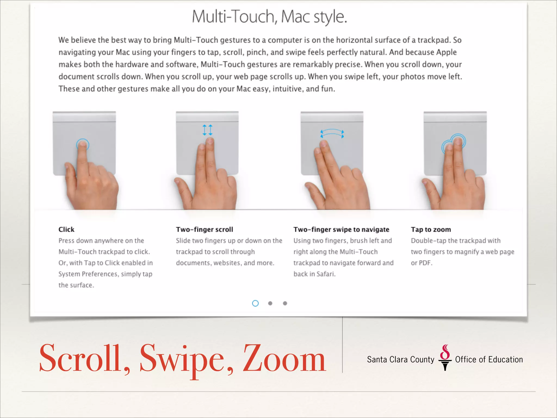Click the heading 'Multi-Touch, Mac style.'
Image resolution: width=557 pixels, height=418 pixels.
point(269,17)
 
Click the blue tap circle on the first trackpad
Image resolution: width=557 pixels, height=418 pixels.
point(82,145)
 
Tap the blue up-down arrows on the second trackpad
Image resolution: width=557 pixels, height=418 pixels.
point(208,130)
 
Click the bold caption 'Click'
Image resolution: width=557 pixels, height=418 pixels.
point(66,229)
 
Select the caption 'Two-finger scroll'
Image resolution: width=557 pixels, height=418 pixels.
point(205,229)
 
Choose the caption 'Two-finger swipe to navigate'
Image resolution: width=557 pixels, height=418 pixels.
point(341,229)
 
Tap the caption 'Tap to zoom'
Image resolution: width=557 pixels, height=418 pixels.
point(431,229)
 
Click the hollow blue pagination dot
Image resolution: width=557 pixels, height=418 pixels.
point(255,303)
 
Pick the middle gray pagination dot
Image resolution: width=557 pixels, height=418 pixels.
point(270,303)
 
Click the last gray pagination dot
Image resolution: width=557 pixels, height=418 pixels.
point(285,303)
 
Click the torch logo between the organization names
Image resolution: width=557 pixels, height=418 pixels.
point(445,358)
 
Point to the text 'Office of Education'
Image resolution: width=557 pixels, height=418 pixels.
point(489,359)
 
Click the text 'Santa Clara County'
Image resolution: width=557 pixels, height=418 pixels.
point(401,359)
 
